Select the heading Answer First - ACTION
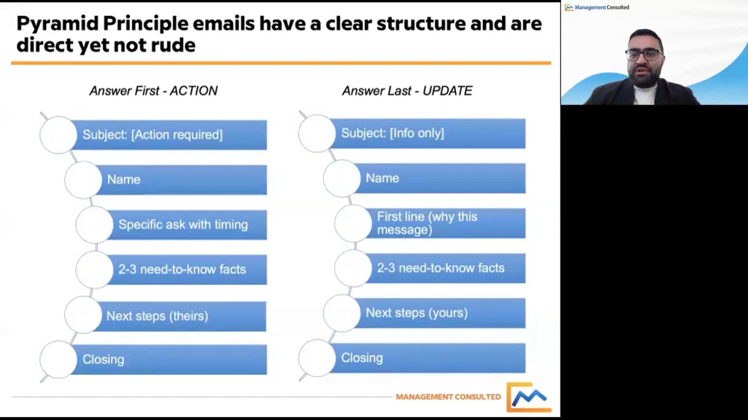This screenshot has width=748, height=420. tap(153, 91)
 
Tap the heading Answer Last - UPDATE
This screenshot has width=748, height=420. tap(407, 91)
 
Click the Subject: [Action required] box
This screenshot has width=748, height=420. tap(169, 135)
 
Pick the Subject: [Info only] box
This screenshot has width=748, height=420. tap(427, 133)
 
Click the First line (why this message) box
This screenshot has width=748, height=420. tap(445, 223)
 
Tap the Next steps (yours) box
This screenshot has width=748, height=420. tap(439, 313)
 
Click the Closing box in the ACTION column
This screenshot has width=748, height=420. tap(169, 359)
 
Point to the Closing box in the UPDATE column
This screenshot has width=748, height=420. tap(427, 358)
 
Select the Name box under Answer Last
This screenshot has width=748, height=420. tap(439, 178)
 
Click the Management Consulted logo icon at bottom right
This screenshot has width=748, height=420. tap(529, 397)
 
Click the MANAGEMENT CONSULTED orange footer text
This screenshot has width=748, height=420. tap(448, 397)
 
